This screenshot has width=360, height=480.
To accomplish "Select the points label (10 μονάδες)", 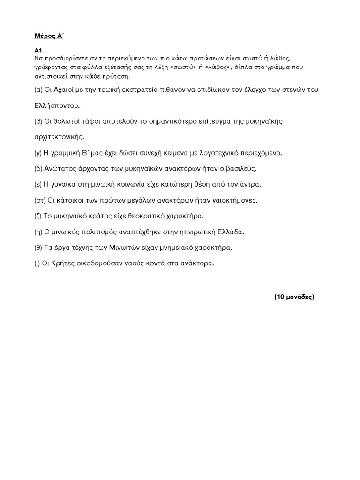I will [x=294, y=297].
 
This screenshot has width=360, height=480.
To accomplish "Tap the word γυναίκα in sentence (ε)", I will [x=63, y=184].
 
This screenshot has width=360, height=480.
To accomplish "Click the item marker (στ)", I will [x=39, y=200].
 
